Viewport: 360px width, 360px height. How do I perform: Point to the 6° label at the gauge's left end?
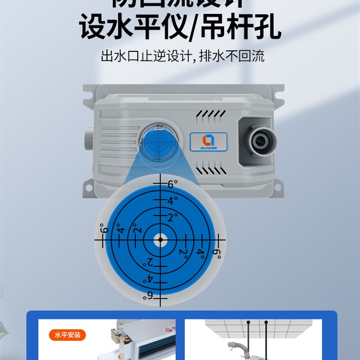[104, 229]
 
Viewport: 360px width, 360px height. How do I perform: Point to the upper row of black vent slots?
[211, 115]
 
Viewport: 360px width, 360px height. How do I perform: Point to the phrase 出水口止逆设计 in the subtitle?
[143, 56]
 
